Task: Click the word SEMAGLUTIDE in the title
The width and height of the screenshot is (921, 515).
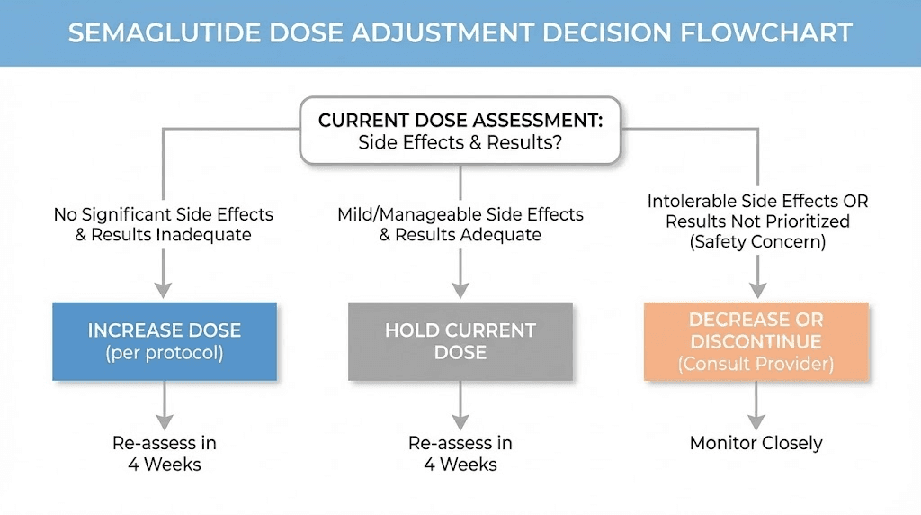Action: (x=164, y=33)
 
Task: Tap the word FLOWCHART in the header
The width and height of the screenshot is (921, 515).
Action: (x=766, y=33)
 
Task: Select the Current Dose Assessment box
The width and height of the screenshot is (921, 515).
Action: (x=460, y=131)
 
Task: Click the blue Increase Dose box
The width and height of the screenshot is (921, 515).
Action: (x=165, y=341)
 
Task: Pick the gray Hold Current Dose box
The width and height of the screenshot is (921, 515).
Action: (x=460, y=341)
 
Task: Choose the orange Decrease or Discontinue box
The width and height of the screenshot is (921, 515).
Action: (x=756, y=341)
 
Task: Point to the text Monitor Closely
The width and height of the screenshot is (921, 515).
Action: (x=756, y=443)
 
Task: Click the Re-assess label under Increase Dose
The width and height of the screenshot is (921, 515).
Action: (x=165, y=453)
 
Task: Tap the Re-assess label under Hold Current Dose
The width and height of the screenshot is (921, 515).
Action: (x=460, y=453)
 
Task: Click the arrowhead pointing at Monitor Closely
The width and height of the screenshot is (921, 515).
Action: (x=756, y=422)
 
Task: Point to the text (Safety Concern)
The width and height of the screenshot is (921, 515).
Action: (x=757, y=241)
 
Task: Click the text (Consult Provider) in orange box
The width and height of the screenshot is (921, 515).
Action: (x=756, y=364)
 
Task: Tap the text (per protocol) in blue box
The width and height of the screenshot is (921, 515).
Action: (x=165, y=353)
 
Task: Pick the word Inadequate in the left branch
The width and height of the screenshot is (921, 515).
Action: (x=203, y=235)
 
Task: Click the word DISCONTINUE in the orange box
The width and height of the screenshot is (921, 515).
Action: (x=756, y=341)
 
